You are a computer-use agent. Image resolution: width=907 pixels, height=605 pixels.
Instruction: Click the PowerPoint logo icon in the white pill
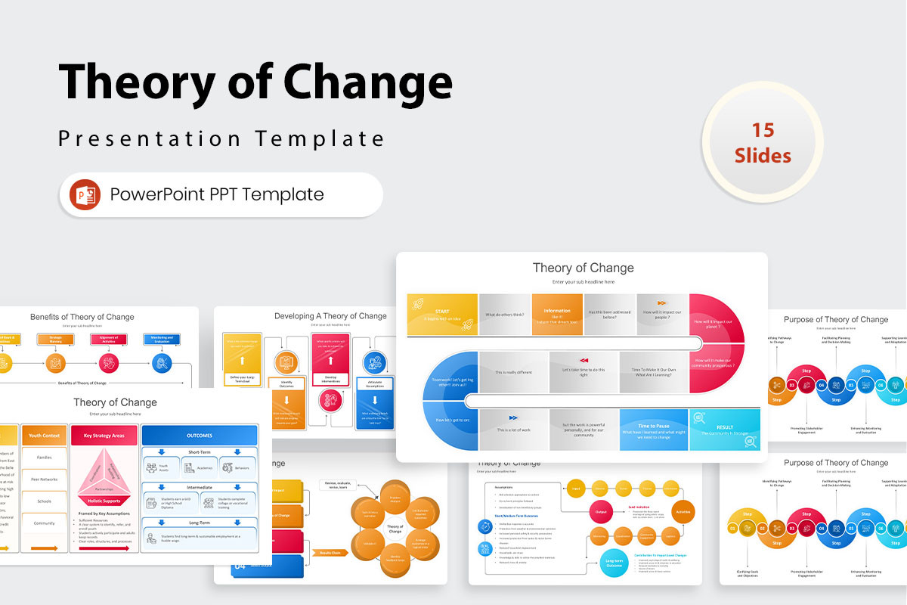tap(85, 194)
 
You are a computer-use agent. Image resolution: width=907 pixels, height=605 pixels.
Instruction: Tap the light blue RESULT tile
tap(724, 430)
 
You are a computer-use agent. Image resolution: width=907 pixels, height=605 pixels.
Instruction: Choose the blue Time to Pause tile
tap(654, 430)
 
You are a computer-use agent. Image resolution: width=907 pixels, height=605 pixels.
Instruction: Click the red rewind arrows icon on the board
tap(584, 360)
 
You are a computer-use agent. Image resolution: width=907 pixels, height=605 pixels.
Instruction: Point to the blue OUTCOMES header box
tap(200, 435)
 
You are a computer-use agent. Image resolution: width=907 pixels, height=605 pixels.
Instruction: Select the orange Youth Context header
tap(44, 435)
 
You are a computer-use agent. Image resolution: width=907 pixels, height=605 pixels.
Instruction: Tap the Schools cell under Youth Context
tap(44, 501)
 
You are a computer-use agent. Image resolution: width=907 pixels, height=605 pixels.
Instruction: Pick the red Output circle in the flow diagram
tap(601, 512)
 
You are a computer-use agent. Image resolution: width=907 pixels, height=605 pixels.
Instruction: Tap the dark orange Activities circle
tap(683, 512)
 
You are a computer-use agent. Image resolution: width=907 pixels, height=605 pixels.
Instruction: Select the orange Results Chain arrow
tap(330, 553)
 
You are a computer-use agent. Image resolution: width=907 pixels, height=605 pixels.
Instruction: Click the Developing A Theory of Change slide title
tap(330, 316)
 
